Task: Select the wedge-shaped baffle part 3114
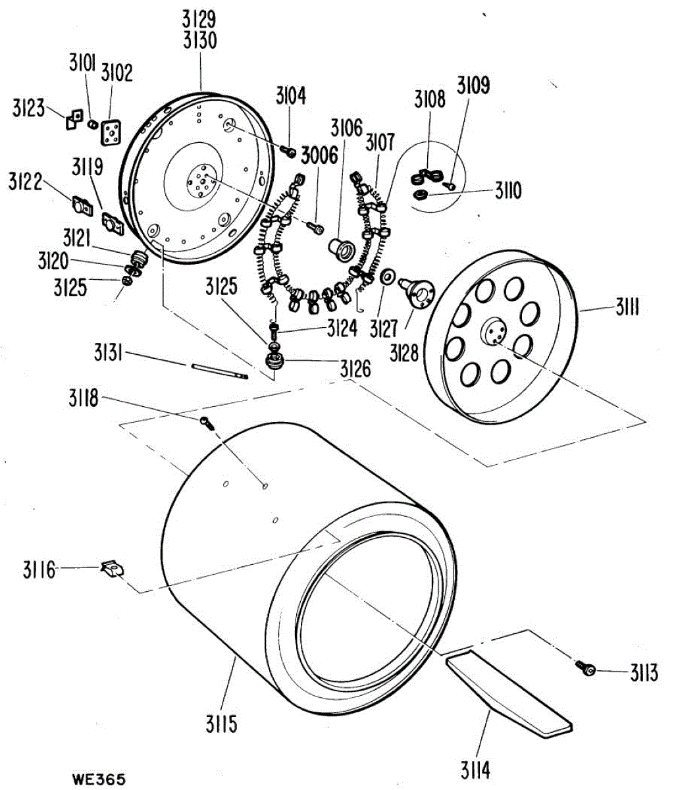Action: click(507, 691)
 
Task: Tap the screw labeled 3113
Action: click(586, 669)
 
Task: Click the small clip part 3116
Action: click(112, 568)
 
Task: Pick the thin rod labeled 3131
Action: click(219, 370)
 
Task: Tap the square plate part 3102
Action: click(111, 132)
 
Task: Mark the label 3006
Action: click(320, 155)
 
